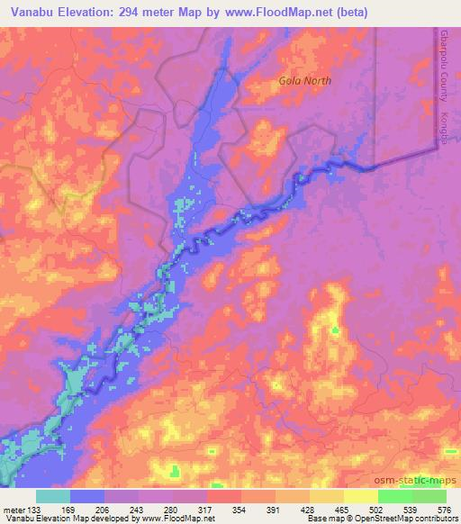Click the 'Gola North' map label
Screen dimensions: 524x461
(x=304, y=81)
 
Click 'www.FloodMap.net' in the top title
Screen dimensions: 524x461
(x=278, y=11)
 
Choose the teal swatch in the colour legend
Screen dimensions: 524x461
(x=53, y=496)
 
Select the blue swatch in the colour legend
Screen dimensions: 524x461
(x=87, y=496)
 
